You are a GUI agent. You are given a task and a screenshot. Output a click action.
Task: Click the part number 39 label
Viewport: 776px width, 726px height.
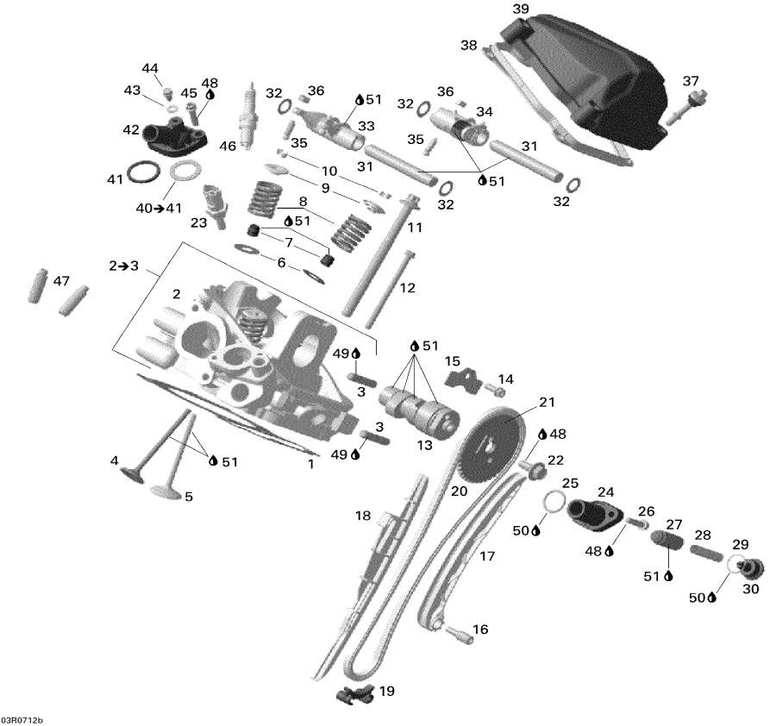(520, 9)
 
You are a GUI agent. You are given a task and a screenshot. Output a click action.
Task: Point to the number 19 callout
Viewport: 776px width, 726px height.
(387, 692)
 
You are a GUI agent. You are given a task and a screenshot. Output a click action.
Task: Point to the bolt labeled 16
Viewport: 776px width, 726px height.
(458, 635)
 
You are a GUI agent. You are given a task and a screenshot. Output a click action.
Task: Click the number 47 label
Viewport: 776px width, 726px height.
(60, 281)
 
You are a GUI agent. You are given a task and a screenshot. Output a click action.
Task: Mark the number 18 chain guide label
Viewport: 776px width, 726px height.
(362, 516)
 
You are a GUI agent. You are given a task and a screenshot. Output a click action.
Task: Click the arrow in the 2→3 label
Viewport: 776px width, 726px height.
(123, 266)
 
